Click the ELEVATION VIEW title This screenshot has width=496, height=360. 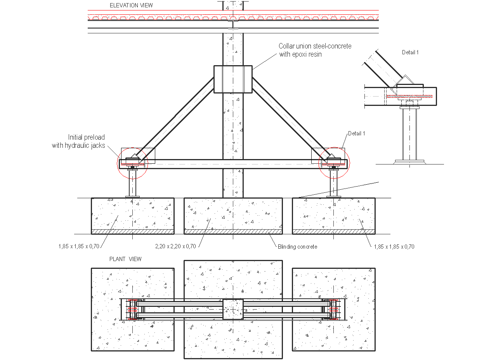tap(131, 5)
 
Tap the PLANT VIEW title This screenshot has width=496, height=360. tap(125, 259)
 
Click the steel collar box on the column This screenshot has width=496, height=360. tap(233, 79)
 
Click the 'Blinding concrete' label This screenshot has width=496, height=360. tap(297, 247)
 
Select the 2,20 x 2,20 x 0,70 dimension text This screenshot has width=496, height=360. tap(175, 246)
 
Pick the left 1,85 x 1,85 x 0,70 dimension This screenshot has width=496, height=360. tap(79, 246)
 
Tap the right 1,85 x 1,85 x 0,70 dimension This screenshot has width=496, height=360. tap(394, 246)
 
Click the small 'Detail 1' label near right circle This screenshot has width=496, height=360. tap(356, 133)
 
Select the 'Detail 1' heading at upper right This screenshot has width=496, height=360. tap(410, 52)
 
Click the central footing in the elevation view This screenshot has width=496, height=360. tap(233, 213)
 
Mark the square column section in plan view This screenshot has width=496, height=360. tap(233, 309)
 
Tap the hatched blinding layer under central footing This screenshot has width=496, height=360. tap(233, 232)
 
